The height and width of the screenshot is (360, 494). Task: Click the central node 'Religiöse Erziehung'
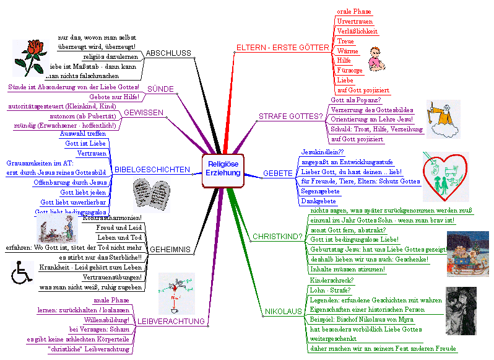tap(223, 169)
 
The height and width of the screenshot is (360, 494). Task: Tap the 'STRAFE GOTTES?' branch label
tap(291, 116)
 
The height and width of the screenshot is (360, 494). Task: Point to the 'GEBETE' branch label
tap(277, 174)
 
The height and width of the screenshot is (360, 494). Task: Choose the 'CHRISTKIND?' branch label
tap(277, 236)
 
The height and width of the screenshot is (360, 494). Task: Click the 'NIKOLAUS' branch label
tap(283, 311)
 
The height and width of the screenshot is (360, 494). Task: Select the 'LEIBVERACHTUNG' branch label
tap(170, 321)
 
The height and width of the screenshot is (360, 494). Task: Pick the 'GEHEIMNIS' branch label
tap(170, 249)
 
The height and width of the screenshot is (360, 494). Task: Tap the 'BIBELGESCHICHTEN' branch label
tap(152, 169)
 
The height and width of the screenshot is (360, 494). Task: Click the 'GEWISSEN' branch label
tap(144, 113)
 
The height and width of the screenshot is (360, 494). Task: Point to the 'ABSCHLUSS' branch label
tap(168, 53)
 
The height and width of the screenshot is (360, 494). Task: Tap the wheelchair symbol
tap(22, 272)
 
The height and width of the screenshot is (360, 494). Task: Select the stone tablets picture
tap(152, 195)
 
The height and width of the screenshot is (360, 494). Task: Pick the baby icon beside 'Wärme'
tap(376, 58)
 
